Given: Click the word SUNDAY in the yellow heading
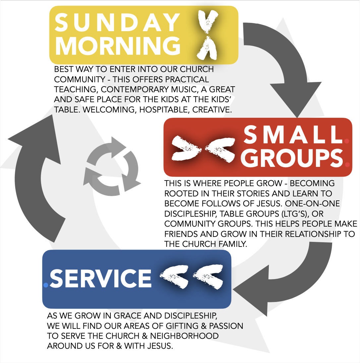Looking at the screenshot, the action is [x=118, y=23].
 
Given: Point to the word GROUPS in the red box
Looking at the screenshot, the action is [x=293, y=158].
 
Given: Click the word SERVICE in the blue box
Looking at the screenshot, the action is [x=101, y=278].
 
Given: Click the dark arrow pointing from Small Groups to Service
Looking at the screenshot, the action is [x=292, y=282].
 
